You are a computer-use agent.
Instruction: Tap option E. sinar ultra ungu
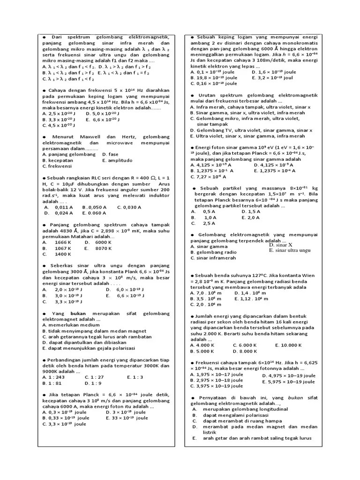point(290,251)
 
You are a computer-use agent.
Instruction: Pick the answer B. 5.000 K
point(202,351)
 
